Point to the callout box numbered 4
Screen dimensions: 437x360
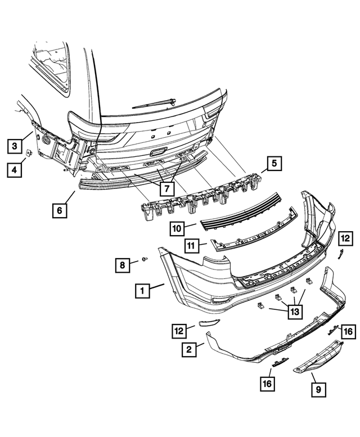(x=16, y=169)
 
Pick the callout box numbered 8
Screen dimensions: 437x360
(x=122, y=264)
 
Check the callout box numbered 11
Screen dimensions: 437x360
(x=192, y=245)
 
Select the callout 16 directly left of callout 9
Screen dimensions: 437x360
(x=267, y=384)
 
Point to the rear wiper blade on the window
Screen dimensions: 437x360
(x=155, y=102)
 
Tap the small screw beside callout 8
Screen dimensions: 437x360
(x=144, y=259)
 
